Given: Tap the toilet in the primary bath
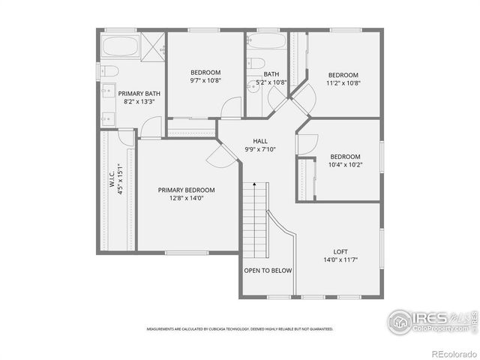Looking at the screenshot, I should click(x=109, y=72).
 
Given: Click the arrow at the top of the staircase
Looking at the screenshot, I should click(x=255, y=184).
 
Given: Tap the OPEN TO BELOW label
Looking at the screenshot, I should click(x=268, y=271).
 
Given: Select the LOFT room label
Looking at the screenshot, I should click(x=340, y=252).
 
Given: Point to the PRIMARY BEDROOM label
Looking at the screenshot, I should click(x=186, y=190).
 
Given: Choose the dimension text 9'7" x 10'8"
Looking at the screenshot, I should click(x=204, y=80).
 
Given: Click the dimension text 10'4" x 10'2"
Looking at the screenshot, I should click(x=346, y=165).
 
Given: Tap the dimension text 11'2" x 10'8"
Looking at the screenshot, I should click(x=343, y=83).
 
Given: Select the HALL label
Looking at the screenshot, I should click(x=260, y=141).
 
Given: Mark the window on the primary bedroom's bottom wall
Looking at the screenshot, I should click(x=187, y=253).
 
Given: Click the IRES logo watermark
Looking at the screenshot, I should click(x=427, y=320).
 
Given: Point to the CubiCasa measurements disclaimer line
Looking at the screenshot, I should click(x=239, y=328).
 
